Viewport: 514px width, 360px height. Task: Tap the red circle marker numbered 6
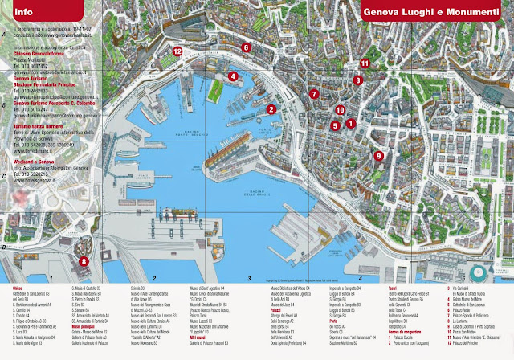tap(246, 47)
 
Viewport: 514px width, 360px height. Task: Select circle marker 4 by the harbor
tap(233, 76)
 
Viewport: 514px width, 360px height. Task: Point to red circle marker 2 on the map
tap(271, 109)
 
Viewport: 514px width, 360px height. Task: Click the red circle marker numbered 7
tap(314, 94)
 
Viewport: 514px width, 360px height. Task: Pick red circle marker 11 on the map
tap(364, 62)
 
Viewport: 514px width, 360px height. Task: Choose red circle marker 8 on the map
tap(84, 260)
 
